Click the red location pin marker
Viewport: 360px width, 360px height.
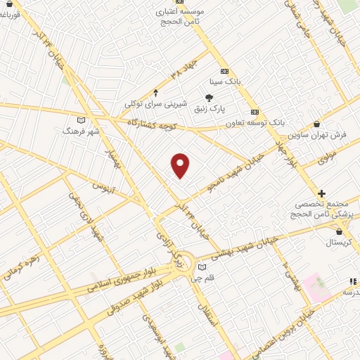pyautogui.click(x=181, y=165)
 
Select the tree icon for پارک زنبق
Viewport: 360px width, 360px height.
pyautogui.click(x=210, y=98)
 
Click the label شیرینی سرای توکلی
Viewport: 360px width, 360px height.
pyautogui.click(x=156, y=103)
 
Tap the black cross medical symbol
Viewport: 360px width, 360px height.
pyautogui.click(x=321, y=193)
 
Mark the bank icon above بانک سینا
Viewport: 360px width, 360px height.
pyautogui.click(x=224, y=71)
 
